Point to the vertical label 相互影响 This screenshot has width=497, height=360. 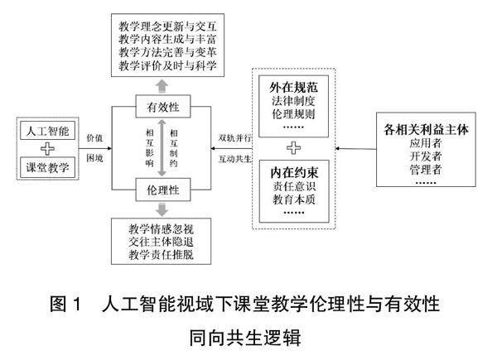pos(149,149)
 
